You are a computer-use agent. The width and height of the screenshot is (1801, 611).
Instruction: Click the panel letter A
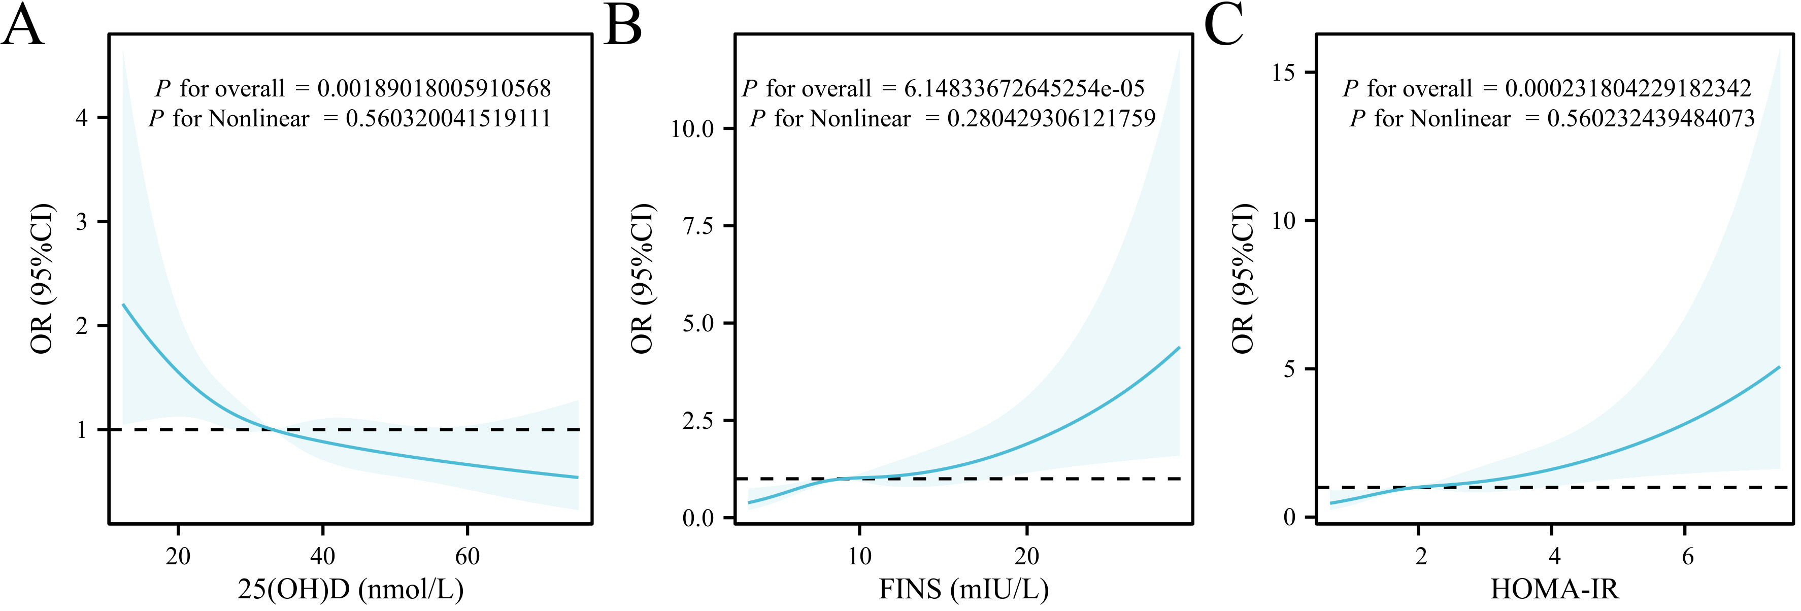22,26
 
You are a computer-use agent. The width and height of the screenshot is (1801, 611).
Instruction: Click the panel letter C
1223,26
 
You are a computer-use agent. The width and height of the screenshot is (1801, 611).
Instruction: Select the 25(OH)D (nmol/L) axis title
350,589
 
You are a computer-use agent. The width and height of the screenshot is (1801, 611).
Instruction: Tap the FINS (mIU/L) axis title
963,589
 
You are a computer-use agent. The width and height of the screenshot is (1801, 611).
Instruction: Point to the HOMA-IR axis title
1554,589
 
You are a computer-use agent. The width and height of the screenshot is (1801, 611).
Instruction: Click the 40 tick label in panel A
322,557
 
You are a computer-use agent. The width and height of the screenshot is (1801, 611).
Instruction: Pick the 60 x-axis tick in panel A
467,557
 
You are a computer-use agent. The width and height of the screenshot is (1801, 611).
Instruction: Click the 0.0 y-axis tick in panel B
698,518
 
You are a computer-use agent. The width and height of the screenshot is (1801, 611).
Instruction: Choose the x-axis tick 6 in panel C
1688,557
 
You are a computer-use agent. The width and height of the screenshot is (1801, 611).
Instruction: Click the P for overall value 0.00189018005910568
434,89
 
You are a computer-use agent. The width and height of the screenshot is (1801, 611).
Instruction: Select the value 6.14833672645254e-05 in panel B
1024,89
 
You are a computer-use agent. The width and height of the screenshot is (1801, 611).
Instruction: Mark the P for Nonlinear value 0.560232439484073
1651,119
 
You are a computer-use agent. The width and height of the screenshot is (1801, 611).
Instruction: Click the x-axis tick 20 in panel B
1026,557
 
